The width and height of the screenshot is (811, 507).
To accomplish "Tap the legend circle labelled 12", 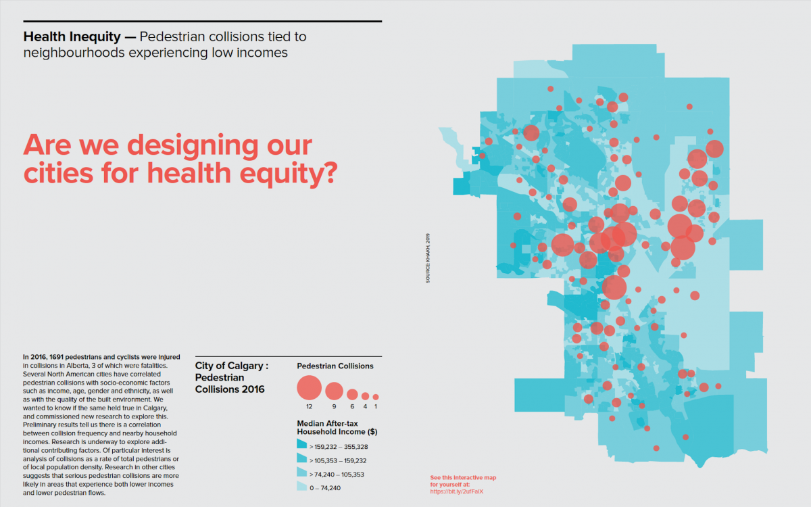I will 309,388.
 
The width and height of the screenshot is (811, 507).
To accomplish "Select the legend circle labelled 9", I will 334,391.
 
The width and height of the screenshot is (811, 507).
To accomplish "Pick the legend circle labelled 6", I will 352,394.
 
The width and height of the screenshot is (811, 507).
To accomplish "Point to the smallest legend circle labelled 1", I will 376,397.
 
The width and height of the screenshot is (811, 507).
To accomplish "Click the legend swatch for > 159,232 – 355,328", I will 302,445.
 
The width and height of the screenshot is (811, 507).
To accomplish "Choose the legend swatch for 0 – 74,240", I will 302,487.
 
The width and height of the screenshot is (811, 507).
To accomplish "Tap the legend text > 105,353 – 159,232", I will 339,460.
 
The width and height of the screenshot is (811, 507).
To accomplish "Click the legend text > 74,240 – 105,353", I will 337,475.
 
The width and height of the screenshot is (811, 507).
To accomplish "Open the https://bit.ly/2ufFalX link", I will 457,491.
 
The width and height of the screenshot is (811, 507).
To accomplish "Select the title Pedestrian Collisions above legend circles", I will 335,366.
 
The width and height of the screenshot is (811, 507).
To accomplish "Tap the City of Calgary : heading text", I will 232,366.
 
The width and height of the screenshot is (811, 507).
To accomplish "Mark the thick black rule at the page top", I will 203,22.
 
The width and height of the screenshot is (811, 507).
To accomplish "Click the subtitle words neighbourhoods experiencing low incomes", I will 155,53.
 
